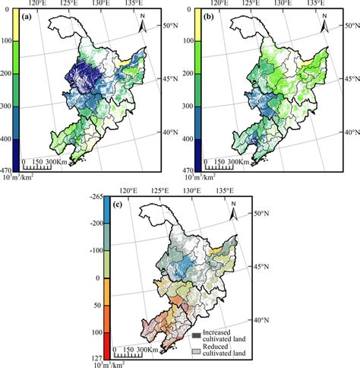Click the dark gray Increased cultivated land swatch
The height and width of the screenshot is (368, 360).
[196, 335]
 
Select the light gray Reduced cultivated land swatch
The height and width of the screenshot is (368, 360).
[196, 351]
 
